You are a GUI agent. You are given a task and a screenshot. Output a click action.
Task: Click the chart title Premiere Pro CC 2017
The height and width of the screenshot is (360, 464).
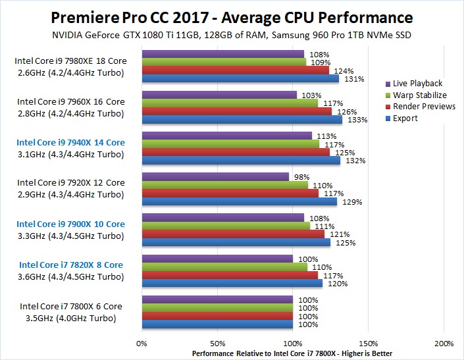(x=232, y=16)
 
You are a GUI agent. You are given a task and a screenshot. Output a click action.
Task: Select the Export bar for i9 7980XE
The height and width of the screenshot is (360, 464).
(x=240, y=79)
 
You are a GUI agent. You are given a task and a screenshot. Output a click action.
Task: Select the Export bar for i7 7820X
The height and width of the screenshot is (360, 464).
(x=232, y=284)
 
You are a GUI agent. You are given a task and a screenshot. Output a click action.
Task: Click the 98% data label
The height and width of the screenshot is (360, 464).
(x=299, y=176)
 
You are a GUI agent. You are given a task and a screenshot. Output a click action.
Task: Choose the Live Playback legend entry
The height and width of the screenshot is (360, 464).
(x=417, y=84)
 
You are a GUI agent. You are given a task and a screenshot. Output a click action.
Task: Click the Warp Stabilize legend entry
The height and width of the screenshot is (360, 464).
(x=419, y=95)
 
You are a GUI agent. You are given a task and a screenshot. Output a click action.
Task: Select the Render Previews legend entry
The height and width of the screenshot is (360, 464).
(x=424, y=107)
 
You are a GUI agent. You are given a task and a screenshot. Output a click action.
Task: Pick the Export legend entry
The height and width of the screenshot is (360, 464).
(x=405, y=118)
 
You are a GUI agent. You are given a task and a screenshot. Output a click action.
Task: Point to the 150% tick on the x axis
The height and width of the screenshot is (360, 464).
(x=369, y=344)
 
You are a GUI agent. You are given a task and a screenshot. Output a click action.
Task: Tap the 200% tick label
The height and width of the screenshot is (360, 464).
(x=444, y=344)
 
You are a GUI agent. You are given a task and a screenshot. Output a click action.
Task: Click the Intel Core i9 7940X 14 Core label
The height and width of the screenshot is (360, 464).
(x=70, y=142)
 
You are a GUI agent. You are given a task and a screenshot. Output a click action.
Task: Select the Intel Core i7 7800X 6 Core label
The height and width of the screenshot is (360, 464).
(x=70, y=306)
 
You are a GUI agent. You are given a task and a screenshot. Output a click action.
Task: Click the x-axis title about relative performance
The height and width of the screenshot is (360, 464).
(x=292, y=353)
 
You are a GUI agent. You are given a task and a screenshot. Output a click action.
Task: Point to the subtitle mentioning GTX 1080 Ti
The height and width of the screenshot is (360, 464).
(x=232, y=34)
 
